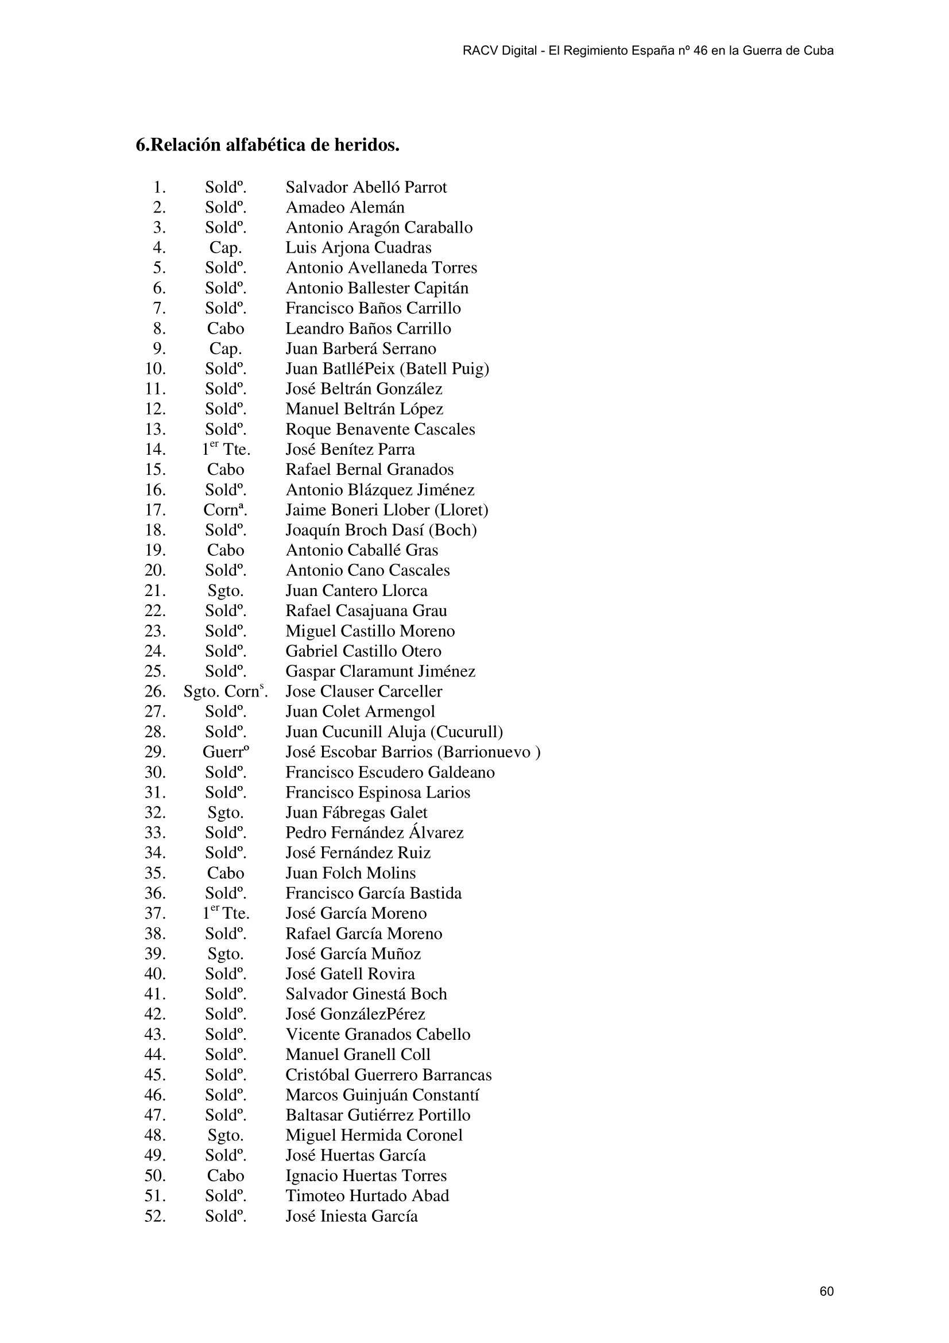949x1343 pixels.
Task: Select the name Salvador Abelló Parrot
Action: point(366,188)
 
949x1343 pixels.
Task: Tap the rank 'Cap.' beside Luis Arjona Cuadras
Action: point(225,248)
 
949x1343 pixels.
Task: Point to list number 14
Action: point(155,450)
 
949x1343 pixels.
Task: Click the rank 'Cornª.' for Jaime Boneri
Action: point(225,510)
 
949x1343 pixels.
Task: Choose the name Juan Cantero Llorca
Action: point(356,591)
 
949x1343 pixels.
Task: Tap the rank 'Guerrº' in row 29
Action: point(225,752)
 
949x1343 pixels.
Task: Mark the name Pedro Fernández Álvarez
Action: point(374,833)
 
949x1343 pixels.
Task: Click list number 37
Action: point(155,914)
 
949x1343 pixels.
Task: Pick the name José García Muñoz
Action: point(353,954)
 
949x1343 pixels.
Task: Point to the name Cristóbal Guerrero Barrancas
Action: point(388,1075)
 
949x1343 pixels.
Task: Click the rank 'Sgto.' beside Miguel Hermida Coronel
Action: point(225,1136)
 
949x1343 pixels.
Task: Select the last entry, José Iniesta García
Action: point(351,1217)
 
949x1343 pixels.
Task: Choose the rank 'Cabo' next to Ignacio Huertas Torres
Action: point(225,1176)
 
